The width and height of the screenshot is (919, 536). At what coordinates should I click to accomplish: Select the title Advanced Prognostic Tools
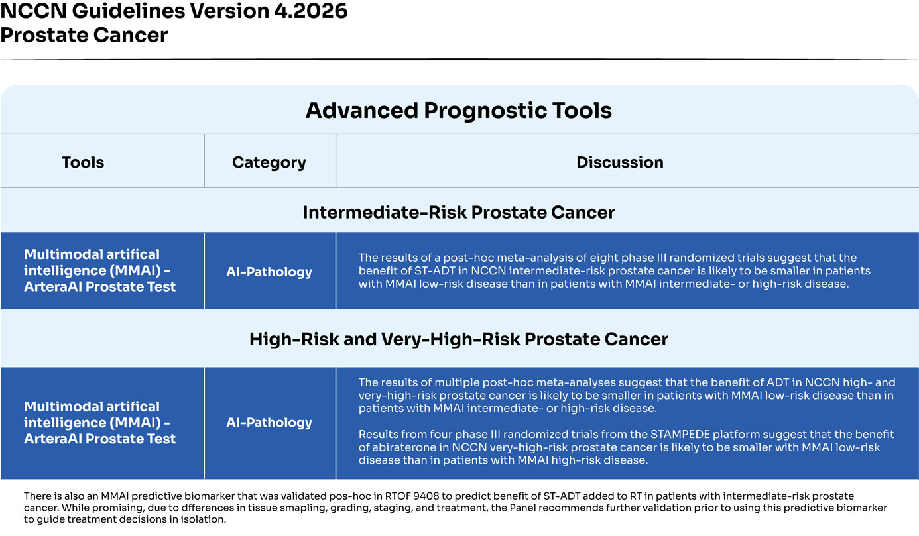(x=459, y=110)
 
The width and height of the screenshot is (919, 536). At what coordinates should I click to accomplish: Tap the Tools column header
(x=83, y=162)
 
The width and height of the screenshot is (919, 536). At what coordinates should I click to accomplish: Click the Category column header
(x=269, y=162)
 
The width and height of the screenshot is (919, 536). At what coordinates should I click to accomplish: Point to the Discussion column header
(x=620, y=162)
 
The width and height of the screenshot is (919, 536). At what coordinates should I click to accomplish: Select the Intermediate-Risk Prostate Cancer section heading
(x=459, y=212)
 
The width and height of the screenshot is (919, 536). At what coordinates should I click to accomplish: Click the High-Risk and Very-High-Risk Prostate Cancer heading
(x=459, y=339)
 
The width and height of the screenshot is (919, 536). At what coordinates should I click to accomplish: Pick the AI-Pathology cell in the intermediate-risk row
(x=269, y=271)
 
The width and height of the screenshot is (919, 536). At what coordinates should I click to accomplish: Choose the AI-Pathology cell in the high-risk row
(x=269, y=423)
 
